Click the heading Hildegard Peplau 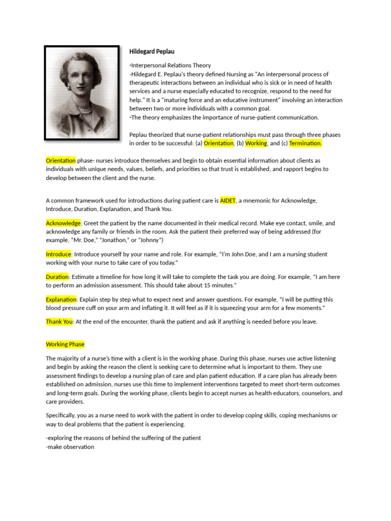pyautogui.click(x=152, y=51)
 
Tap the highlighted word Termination pyautogui.click(x=305, y=143)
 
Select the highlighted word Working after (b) pyautogui.click(x=256, y=143)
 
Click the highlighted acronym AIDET pyautogui.click(x=228, y=200)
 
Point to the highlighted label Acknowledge pyautogui.click(x=63, y=223)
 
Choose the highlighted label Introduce pyautogui.click(x=59, y=254)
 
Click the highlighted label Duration pyautogui.click(x=57, y=277)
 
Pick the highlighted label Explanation pyautogui.click(x=61, y=300)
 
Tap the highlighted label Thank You pyautogui.click(x=60, y=322)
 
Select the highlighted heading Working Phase pyautogui.click(x=65, y=344)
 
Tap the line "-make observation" pyautogui.click(x=70, y=447)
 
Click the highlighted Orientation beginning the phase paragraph pyautogui.click(x=61, y=160)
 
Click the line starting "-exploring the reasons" pyautogui.click(x=123, y=438)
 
